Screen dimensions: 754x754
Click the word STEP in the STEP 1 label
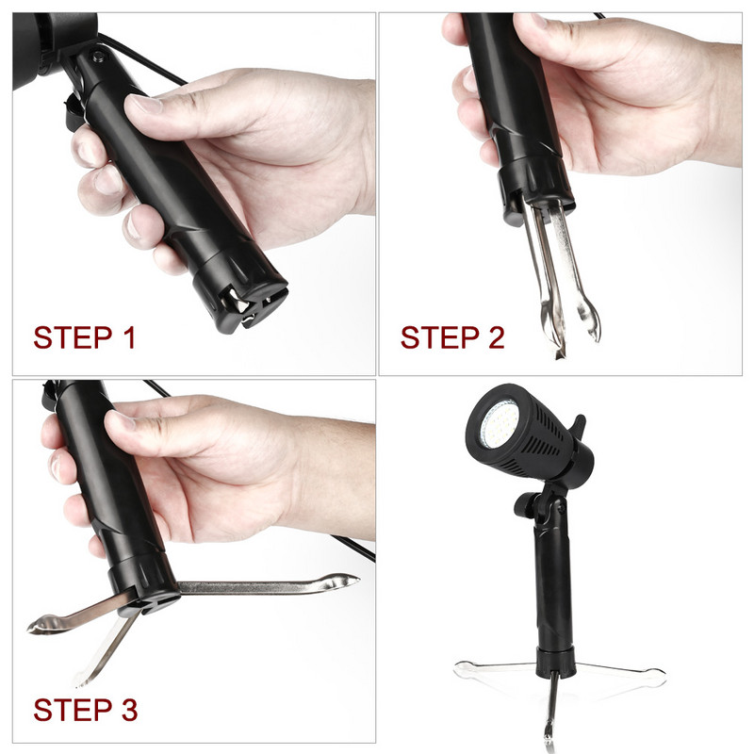(x=73, y=337)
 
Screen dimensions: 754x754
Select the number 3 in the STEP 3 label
(x=129, y=710)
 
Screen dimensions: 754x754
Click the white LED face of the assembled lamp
(x=500, y=423)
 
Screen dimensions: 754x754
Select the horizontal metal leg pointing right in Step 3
(x=270, y=584)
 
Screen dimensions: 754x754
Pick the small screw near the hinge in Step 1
(x=99, y=56)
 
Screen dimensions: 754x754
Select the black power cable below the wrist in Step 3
(x=353, y=548)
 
